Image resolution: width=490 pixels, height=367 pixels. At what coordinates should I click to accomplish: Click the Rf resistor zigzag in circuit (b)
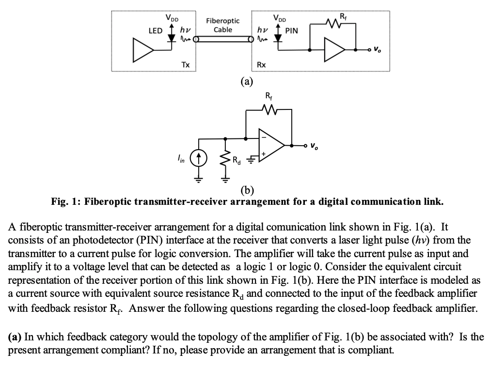[269, 109]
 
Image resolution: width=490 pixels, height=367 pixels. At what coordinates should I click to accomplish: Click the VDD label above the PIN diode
[280, 18]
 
